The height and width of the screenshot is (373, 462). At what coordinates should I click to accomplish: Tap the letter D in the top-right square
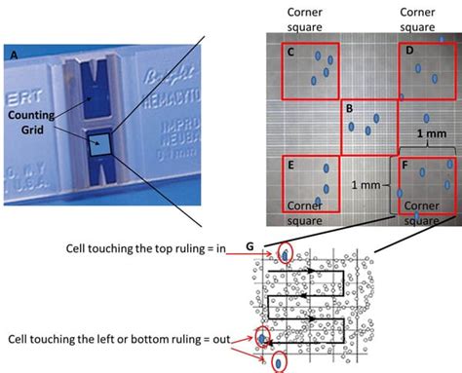[408, 51]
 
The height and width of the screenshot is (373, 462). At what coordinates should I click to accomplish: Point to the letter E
[290, 166]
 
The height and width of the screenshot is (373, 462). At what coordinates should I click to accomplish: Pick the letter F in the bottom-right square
[405, 166]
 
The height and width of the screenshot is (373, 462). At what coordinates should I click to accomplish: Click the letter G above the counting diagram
[249, 247]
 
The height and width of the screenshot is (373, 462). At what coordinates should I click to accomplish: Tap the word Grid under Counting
[34, 129]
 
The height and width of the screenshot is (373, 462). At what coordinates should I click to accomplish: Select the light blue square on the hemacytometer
[99, 145]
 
